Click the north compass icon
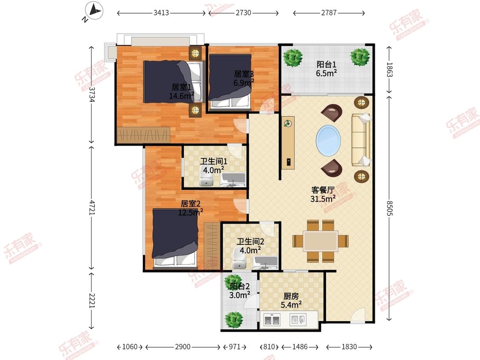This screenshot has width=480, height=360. (x=94, y=11)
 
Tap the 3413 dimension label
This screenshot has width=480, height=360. (x=161, y=13)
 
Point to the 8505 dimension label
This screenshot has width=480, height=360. (x=390, y=208)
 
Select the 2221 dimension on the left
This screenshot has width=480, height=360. (x=92, y=301)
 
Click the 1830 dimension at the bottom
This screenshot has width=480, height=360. (x=349, y=347)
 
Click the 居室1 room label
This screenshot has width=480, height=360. (x=181, y=87)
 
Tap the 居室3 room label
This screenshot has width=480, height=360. (x=244, y=74)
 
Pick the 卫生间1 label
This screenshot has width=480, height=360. (x=213, y=161)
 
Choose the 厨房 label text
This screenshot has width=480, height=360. (x=291, y=296)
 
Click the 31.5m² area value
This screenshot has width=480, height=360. (x=323, y=199)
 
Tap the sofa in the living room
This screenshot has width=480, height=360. (x=361, y=140)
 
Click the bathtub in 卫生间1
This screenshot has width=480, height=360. (x=233, y=180)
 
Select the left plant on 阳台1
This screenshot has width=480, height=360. (x=293, y=58)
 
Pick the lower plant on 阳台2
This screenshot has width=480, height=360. (x=234, y=319)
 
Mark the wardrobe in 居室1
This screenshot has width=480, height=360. (x=143, y=135)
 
